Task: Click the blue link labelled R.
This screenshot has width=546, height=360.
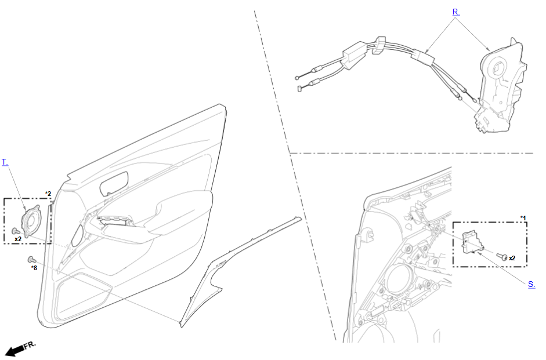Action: click(x=456, y=12)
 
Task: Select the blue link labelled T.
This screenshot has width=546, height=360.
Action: click(x=5, y=162)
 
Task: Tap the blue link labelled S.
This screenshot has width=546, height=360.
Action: click(x=531, y=284)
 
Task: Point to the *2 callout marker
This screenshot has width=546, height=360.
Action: click(x=48, y=194)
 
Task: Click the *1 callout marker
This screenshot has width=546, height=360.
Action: click(x=523, y=219)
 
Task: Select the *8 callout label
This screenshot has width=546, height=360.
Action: click(x=34, y=268)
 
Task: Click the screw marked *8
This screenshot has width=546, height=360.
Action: click(x=31, y=260)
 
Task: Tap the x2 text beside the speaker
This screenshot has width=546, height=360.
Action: click(x=18, y=239)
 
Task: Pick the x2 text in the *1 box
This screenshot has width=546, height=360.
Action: click(x=512, y=258)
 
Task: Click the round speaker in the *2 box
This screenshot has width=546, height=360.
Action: click(x=31, y=221)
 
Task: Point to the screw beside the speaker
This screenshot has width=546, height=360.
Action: click(x=16, y=231)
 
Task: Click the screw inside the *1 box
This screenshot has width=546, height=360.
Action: click(x=502, y=257)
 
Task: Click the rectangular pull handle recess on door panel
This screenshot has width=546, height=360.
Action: click(x=114, y=183)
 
